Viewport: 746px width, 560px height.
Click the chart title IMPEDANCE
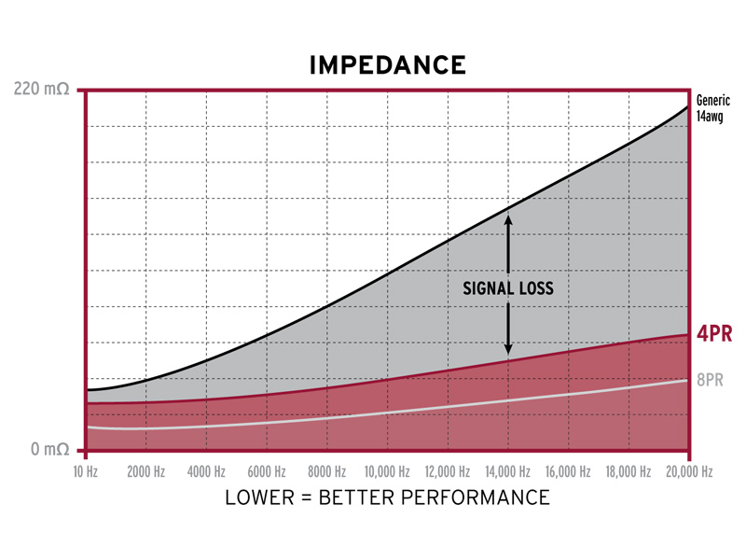click(x=387, y=65)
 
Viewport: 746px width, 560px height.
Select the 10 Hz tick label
click(x=85, y=472)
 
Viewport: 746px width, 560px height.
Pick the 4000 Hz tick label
click(x=206, y=472)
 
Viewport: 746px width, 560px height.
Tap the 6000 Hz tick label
click(x=266, y=472)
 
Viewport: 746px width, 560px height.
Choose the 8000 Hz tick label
click(x=326, y=472)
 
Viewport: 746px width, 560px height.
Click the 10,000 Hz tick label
click(x=387, y=472)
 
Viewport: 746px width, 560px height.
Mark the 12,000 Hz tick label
click(x=447, y=472)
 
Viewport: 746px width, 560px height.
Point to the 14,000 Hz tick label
click(x=507, y=472)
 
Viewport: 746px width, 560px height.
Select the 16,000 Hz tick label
click(x=568, y=472)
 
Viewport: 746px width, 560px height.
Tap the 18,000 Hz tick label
click(x=628, y=472)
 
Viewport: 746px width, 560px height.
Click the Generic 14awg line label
click(x=713, y=108)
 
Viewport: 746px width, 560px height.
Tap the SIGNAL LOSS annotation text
click(x=508, y=288)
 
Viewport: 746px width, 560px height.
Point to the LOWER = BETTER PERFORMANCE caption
click(x=387, y=497)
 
